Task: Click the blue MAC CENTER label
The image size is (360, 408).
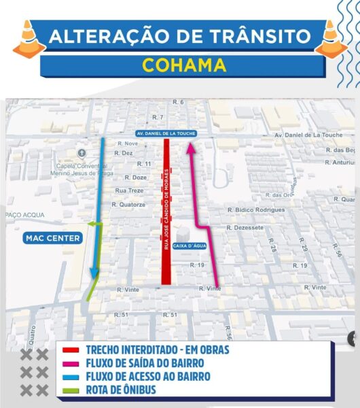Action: click(52, 238)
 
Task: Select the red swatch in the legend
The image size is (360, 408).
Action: click(71, 350)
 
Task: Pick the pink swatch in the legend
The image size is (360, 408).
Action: click(71, 363)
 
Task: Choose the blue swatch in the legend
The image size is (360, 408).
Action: click(71, 376)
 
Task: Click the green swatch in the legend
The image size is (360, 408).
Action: click(71, 389)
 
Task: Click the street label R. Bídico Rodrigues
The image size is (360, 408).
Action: click(256, 210)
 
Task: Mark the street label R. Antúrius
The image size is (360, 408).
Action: click(340, 163)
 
